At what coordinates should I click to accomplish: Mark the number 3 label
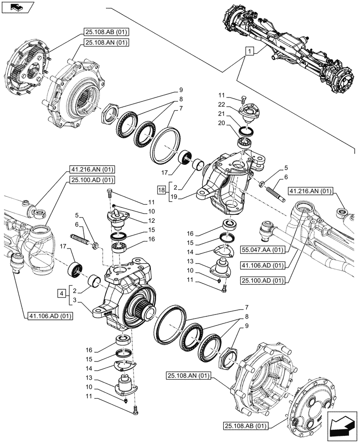[x=76, y=300]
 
